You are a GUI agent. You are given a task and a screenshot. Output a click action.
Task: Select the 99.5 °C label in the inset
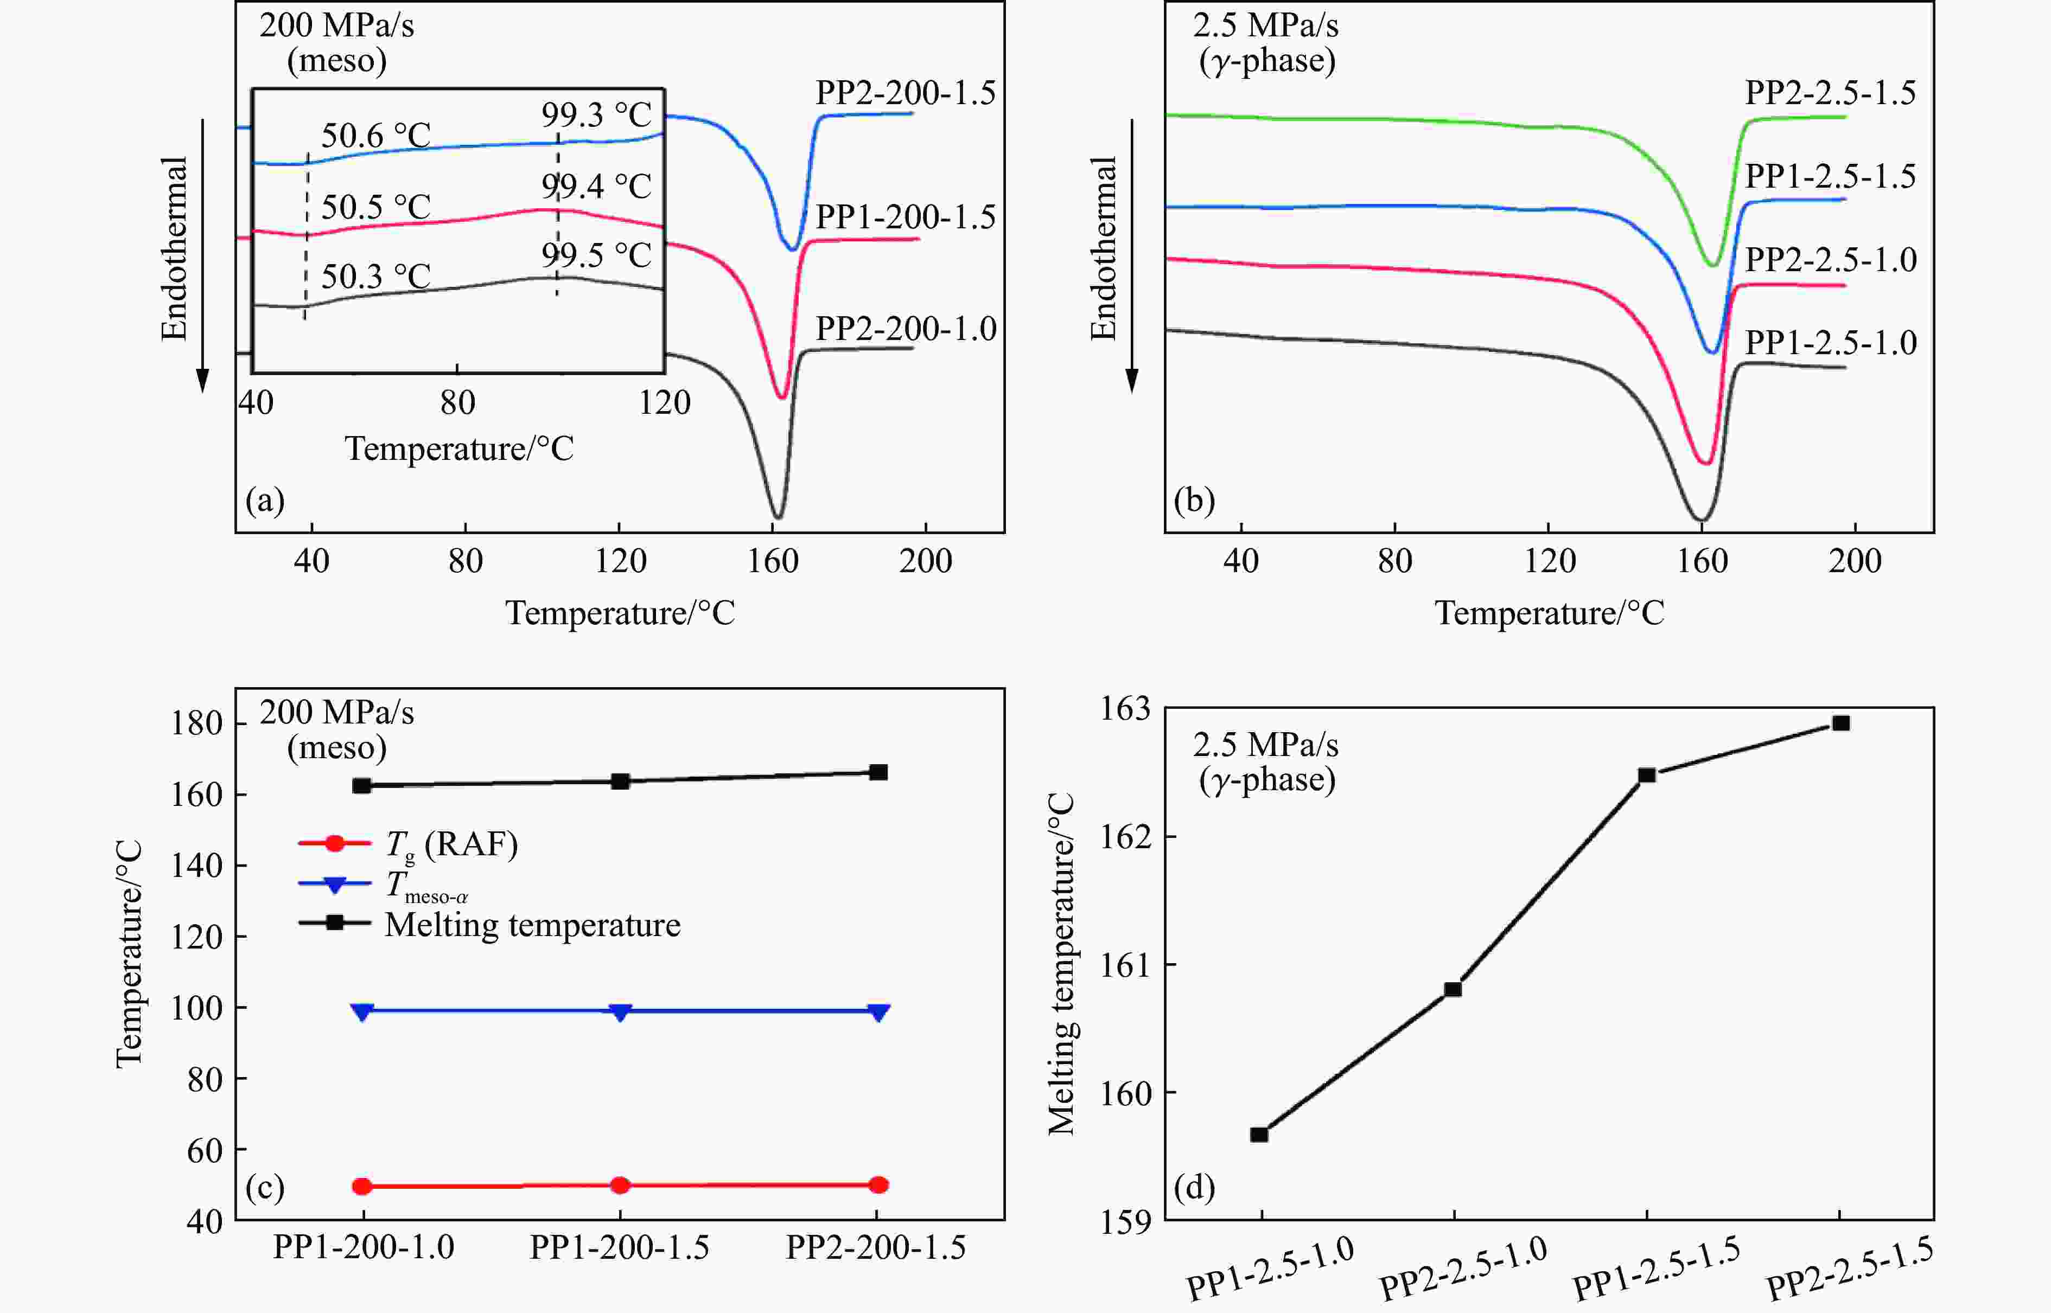pyautogui.click(x=596, y=255)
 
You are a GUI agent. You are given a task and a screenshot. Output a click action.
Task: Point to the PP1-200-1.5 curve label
pyautogui.click(x=906, y=217)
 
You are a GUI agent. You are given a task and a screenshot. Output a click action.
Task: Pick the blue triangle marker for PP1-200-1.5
pyautogui.click(x=620, y=1012)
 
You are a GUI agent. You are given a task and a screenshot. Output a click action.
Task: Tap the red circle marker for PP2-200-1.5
pyautogui.click(x=878, y=1184)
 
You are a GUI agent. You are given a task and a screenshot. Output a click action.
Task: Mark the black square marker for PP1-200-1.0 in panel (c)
pyautogui.click(x=361, y=785)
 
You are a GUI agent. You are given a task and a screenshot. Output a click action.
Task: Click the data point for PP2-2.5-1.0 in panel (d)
pyautogui.click(x=1453, y=989)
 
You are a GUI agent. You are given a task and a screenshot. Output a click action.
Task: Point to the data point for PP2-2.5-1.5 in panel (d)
pyautogui.click(x=1841, y=723)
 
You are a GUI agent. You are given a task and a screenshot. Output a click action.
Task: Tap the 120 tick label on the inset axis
pyautogui.click(x=664, y=402)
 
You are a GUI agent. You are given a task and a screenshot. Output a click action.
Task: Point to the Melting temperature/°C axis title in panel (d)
pyautogui.click(x=1062, y=963)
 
